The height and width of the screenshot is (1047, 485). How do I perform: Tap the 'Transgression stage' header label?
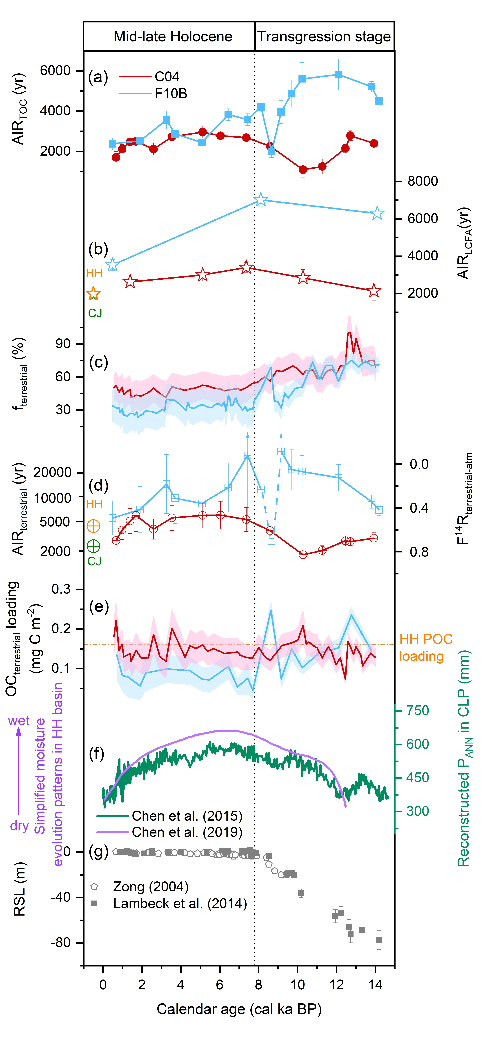click(324, 37)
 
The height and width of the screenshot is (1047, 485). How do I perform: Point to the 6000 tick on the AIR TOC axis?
click(55, 71)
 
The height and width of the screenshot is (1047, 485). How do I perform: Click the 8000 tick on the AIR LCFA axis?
click(422, 181)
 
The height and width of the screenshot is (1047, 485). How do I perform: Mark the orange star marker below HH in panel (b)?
click(94, 293)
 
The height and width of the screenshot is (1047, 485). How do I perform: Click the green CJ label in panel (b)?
click(95, 313)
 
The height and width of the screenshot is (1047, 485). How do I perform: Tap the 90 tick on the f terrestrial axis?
click(63, 344)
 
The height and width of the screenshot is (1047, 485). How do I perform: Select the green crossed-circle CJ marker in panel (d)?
click(94, 546)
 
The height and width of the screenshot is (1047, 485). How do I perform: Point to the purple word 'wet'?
click(19, 721)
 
